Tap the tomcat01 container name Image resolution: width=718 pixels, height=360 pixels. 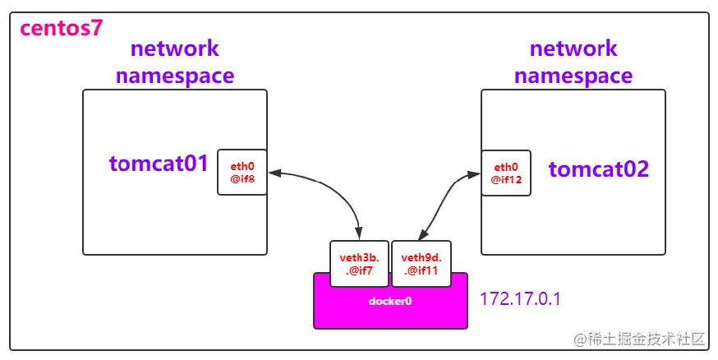tap(159, 164)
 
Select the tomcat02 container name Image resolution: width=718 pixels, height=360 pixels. tap(598, 169)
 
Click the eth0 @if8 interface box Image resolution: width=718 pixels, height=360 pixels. tap(242, 172)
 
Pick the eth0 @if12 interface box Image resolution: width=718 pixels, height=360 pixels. tap(506, 172)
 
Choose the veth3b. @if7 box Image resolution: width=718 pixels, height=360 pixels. tap(359, 263)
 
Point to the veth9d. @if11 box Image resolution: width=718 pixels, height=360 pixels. tap(421, 263)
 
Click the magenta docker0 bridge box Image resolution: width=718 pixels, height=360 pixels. tap(390, 302)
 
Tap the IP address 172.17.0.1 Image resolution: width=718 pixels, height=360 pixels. tap(520, 298)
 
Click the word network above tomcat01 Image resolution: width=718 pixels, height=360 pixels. tap(175, 48)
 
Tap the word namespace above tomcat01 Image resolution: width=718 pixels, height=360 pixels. tap(175, 76)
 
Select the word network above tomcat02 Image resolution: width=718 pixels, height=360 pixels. tap(573, 48)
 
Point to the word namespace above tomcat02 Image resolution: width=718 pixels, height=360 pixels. tap(573, 76)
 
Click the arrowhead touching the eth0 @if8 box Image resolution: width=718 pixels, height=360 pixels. tap(275, 173)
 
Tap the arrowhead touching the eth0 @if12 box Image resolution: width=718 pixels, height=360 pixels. tap(474, 174)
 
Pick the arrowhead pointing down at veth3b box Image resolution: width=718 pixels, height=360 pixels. tap(359, 234)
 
